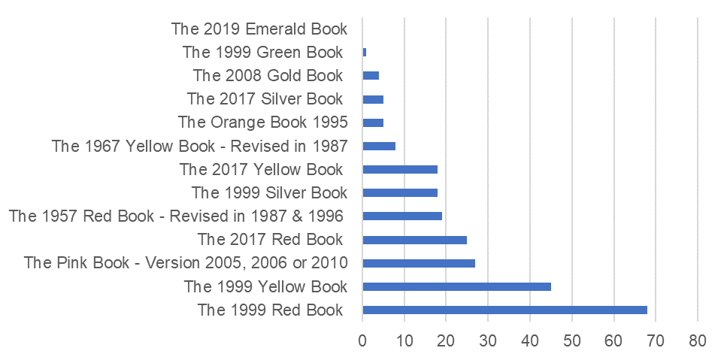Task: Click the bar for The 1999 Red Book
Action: (x=504, y=310)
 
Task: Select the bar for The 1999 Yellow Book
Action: (x=456, y=286)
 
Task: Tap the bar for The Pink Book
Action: (x=419, y=263)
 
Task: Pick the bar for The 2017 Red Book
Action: (x=414, y=240)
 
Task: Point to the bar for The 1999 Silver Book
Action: (x=400, y=193)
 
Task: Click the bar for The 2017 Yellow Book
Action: (x=400, y=170)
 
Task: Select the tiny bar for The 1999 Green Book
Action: (x=365, y=53)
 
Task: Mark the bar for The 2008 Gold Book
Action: (x=371, y=76)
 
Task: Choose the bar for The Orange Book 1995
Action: (x=373, y=123)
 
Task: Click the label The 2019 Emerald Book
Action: (x=259, y=29)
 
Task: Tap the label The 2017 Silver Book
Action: (x=265, y=99)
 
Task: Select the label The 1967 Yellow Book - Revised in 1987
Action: (x=199, y=146)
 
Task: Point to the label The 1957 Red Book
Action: (x=176, y=216)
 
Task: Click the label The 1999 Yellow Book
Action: (x=265, y=286)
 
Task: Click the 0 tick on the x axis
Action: (x=362, y=340)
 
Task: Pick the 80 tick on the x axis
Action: (x=698, y=340)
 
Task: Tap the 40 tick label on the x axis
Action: (x=530, y=340)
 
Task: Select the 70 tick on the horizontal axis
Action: (x=656, y=340)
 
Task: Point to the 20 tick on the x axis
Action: (x=446, y=340)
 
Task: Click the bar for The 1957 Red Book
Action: (x=402, y=216)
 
